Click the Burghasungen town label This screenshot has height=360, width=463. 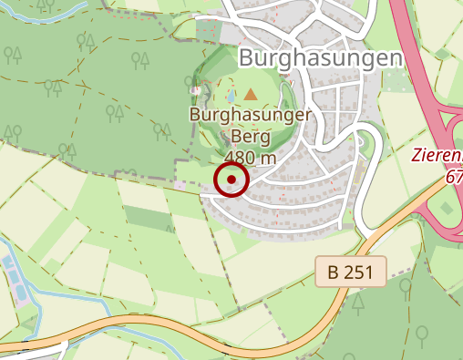[320, 58]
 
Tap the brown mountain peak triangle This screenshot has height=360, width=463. [251, 93]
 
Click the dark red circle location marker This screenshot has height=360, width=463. [231, 179]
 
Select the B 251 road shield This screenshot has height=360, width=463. [351, 272]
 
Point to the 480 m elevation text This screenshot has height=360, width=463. [250, 158]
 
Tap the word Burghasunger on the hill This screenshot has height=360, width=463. [251, 116]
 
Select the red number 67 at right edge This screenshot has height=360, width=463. [454, 177]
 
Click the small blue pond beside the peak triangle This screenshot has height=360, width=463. [231, 95]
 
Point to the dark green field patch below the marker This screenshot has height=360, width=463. [146, 219]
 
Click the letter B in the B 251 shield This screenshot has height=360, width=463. [334, 272]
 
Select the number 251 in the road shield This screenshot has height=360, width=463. [359, 272]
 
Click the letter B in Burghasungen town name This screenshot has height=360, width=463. [246, 58]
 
